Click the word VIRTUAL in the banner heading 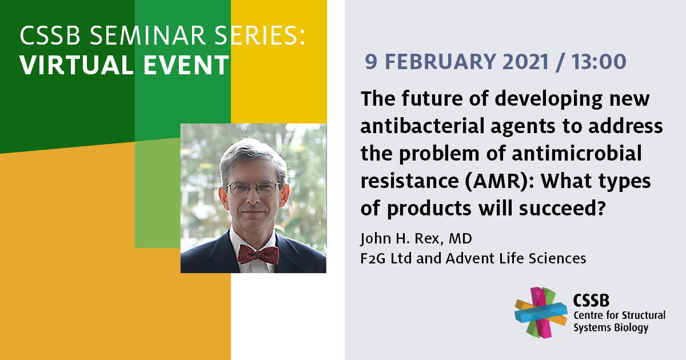(x=77, y=65)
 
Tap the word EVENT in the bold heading (x=186, y=65)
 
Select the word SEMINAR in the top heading (x=148, y=35)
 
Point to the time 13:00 (x=599, y=62)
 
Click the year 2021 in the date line (x=525, y=62)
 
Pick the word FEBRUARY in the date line (x=440, y=62)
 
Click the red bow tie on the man (x=258, y=254)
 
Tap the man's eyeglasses (x=253, y=188)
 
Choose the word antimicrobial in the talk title (x=577, y=153)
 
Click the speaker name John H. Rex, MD (x=416, y=238)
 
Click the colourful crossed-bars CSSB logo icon (x=541, y=312)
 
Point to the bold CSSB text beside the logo (x=591, y=301)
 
